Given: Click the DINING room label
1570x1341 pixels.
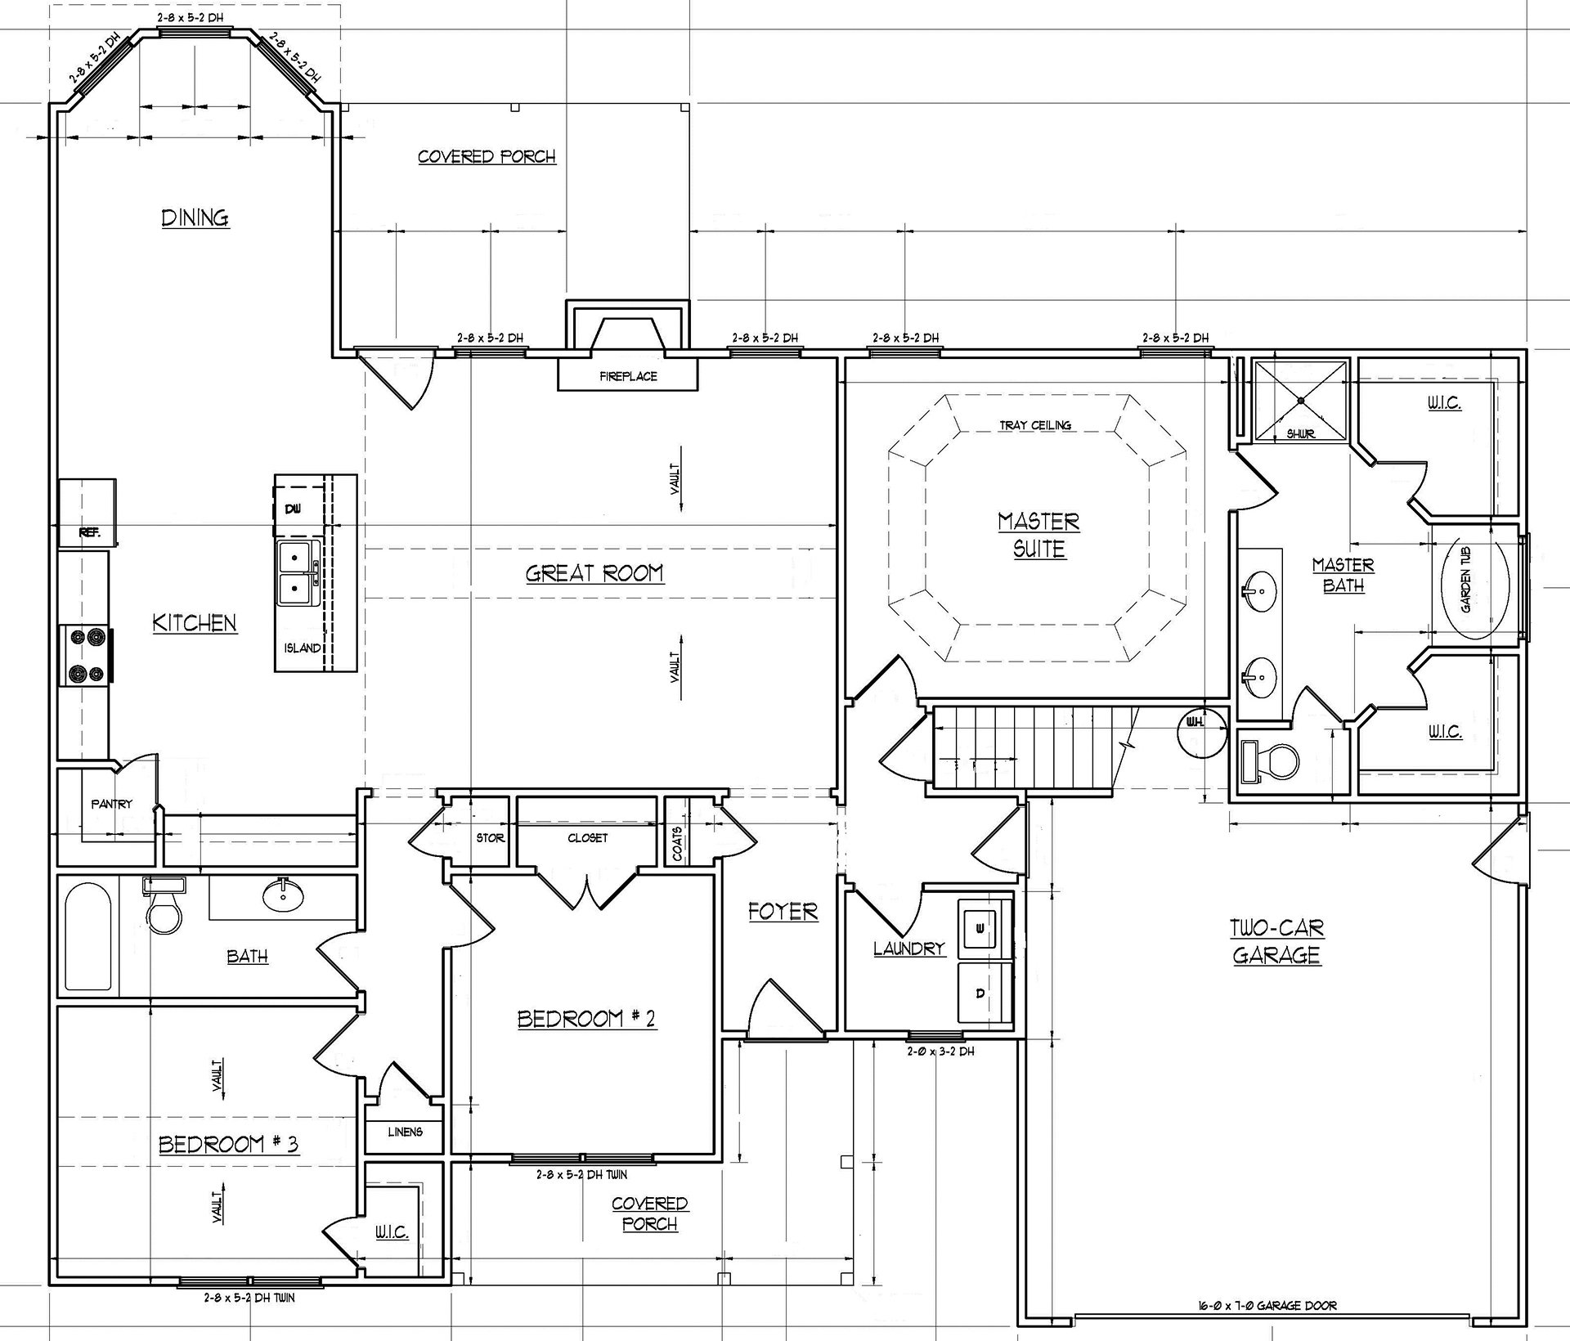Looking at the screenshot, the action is pyautogui.click(x=195, y=218).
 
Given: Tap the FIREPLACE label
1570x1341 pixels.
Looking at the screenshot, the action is pyautogui.click(x=628, y=376).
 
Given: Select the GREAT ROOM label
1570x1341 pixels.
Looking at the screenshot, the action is pyautogui.click(x=594, y=573).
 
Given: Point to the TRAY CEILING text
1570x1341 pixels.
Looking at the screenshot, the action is pyautogui.click(x=1035, y=425).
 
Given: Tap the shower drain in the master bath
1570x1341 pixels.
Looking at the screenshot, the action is pyautogui.click(x=1301, y=400).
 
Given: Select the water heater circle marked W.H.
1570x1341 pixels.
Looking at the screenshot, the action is pyautogui.click(x=1202, y=732).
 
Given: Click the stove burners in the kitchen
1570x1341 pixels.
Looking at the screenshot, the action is pyautogui.click(x=86, y=654).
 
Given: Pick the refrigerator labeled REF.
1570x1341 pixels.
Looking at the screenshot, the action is pyautogui.click(x=87, y=513).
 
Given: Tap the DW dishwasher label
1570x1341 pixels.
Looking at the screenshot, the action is pyautogui.click(x=293, y=509).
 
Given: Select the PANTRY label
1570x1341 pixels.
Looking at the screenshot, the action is pyautogui.click(x=112, y=804).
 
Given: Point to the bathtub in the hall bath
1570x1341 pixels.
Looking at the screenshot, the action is pyautogui.click(x=88, y=935).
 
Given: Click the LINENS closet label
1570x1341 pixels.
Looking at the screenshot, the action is pyautogui.click(x=406, y=1132).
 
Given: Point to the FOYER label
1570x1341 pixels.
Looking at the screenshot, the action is pyautogui.click(x=783, y=912).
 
